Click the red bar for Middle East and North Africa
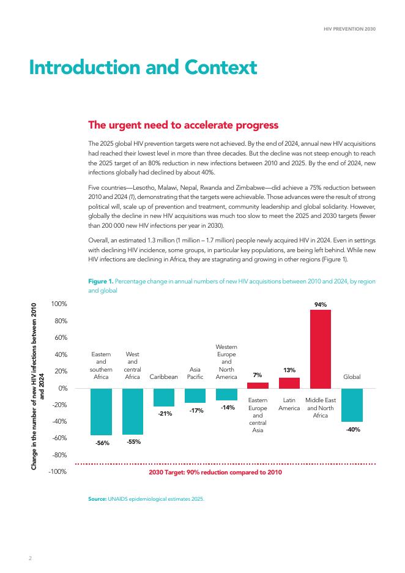click(x=321, y=349)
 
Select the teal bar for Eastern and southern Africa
click(x=101, y=411)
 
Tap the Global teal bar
click(x=352, y=405)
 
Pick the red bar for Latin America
click(x=289, y=383)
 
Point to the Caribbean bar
click(x=164, y=397)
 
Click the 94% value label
click(x=321, y=304)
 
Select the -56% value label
click(x=102, y=443)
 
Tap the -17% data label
click(x=196, y=410)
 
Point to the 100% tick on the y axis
click(x=59, y=304)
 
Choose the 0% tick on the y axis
click(x=63, y=388)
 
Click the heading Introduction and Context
click(x=143, y=67)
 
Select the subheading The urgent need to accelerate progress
click(x=184, y=125)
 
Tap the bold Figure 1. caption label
click(x=101, y=281)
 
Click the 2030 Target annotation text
click(x=215, y=472)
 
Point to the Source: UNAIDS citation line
click(x=146, y=499)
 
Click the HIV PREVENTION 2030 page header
click(x=349, y=29)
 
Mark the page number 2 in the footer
click(x=31, y=558)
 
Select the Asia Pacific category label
click(x=195, y=373)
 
